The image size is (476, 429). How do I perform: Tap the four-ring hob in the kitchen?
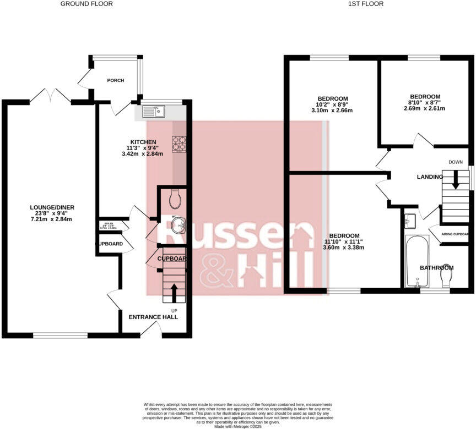pyautogui.click(x=179, y=143)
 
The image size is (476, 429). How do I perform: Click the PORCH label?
pyautogui.click(x=116, y=81)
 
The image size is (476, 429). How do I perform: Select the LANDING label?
pyautogui.click(x=430, y=177)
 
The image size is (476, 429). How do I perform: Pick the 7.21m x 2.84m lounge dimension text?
pyautogui.click(x=52, y=219)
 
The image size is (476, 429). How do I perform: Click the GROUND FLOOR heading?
pyautogui.click(x=86, y=4)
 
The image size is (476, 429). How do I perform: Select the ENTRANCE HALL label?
pyautogui.click(x=153, y=317)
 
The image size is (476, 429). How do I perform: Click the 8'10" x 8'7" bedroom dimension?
pyautogui.click(x=424, y=102)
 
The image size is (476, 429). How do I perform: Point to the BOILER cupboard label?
pyautogui.click(x=109, y=224)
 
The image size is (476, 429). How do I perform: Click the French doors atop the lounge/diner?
pyautogui.click(x=50, y=97)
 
